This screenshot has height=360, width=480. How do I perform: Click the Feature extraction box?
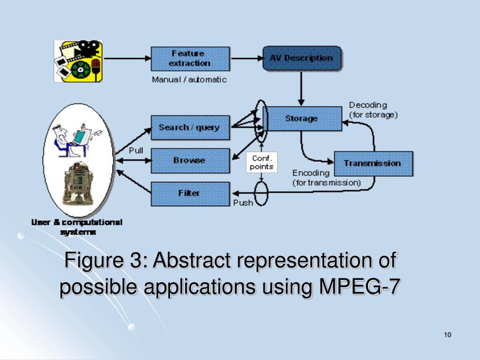pos(190,59)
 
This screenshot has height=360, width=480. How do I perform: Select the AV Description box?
pos(301,59)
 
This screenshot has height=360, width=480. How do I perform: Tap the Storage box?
pos(301,119)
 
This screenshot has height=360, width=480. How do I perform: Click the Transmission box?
pos(373,163)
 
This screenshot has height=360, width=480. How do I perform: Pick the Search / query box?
pos(190,127)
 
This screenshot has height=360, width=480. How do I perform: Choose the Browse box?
pos(190,160)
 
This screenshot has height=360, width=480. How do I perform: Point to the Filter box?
pos(190,193)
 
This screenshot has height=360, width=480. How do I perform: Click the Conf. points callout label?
pos(262,162)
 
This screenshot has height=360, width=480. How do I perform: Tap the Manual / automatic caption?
pos(189,80)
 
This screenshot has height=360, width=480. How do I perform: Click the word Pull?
pos(136,151)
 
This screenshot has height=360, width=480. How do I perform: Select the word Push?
pos(243,203)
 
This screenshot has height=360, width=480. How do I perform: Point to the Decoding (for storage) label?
pos(374,110)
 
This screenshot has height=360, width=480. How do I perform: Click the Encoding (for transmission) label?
pos(327,178)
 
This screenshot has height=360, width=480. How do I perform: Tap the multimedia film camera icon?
pos(78,61)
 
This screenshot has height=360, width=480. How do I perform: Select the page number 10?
pos(447,334)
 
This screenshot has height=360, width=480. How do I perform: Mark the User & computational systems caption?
pos(77,227)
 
